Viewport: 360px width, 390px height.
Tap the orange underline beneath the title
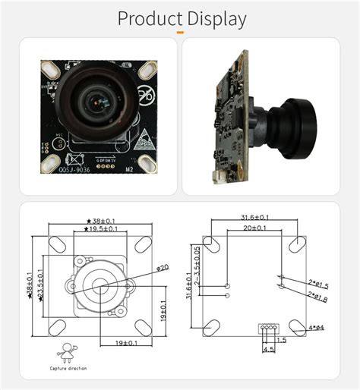(x=180, y=33)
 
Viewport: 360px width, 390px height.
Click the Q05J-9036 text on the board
(x=75, y=170)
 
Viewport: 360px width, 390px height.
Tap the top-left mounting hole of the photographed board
(x=49, y=68)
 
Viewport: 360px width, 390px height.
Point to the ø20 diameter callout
(x=162, y=267)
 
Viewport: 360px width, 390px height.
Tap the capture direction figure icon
(x=68, y=351)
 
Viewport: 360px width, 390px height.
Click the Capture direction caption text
(x=68, y=369)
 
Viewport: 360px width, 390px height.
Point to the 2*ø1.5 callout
(x=317, y=285)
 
